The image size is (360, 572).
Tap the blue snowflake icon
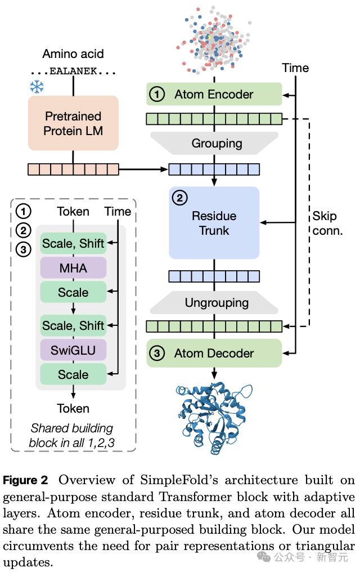[37, 86]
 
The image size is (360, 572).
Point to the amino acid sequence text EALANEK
[73, 72]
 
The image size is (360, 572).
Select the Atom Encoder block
[214, 94]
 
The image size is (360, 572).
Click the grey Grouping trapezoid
[214, 143]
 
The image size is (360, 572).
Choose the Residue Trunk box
[214, 223]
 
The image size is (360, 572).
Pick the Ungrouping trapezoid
[214, 302]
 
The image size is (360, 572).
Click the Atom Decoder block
[214, 354]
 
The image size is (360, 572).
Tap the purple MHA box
[73, 267]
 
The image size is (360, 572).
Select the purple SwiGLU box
[73, 350]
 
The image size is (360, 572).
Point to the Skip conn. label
[327, 223]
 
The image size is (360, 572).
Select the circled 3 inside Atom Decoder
[158, 354]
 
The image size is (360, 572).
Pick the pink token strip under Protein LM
[73, 169]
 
